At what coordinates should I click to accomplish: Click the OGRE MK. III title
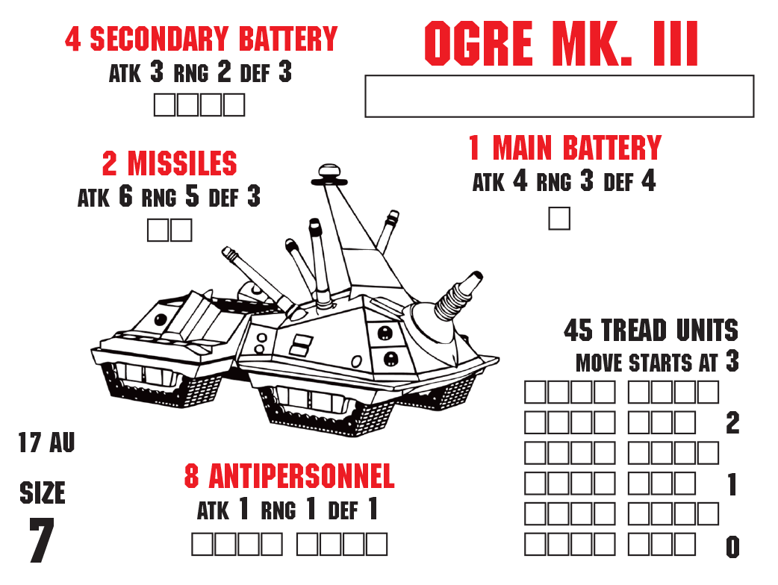click(x=561, y=43)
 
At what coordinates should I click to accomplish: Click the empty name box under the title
click(x=559, y=96)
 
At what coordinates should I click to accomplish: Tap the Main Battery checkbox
click(x=559, y=219)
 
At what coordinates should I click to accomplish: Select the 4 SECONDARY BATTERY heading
click(x=202, y=39)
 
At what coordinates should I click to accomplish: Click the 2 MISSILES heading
click(x=169, y=163)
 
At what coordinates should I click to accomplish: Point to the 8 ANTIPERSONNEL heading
click(x=289, y=476)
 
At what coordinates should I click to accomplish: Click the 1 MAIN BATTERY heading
click(x=565, y=148)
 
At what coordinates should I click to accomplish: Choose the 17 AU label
click(x=46, y=442)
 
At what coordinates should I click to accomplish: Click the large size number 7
click(x=42, y=540)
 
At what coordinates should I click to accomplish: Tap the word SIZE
click(x=43, y=492)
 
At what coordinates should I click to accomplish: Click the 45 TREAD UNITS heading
click(x=651, y=330)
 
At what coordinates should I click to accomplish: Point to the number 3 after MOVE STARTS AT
click(x=732, y=361)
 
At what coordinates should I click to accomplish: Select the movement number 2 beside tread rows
click(x=732, y=423)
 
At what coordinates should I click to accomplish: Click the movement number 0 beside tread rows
click(x=733, y=548)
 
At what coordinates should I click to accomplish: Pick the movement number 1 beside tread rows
click(x=732, y=484)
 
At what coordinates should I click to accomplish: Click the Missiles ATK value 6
click(x=125, y=196)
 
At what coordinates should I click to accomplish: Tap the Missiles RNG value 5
click(x=193, y=196)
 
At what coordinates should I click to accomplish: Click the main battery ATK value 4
click(x=520, y=181)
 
